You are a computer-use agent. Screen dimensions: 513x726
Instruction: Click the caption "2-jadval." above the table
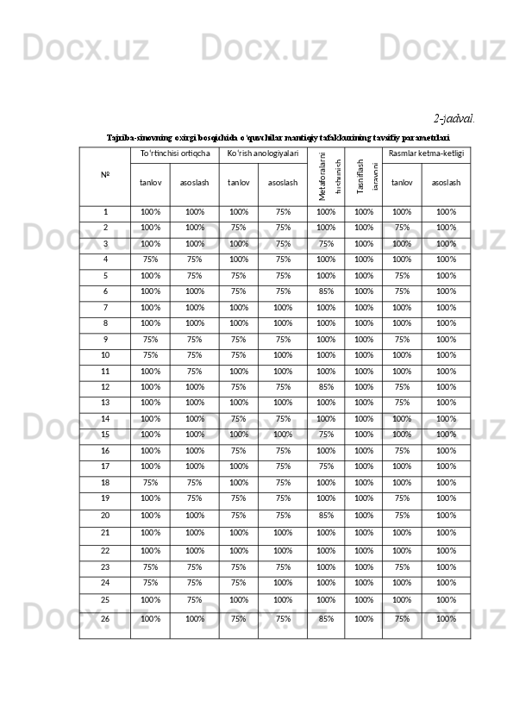click(x=454, y=116)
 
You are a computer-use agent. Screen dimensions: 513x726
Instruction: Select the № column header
click(x=105, y=175)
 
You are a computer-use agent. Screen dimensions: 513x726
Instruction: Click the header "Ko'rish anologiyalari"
click(x=263, y=153)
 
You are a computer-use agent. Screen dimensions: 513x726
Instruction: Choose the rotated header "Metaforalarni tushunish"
click(x=326, y=175)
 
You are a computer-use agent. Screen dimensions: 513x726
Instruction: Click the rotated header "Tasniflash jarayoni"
click(x=364, y=175)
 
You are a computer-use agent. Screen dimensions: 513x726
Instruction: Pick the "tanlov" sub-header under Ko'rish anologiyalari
click(x=239, y=183)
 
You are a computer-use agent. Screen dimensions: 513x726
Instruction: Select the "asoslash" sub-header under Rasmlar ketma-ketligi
click(x=446, y=183)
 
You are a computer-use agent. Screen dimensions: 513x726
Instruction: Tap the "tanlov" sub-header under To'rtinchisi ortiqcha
click(x=151, y=183)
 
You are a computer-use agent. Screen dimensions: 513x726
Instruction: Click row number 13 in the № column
click(x=105, y=401)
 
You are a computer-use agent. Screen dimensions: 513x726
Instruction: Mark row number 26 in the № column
click(x=105, y=618)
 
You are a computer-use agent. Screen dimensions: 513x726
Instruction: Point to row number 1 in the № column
click(x=105, y=211)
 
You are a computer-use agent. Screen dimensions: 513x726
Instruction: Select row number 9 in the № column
click(x=105, y=339)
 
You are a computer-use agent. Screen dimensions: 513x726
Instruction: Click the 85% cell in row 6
click(x=326, y=291)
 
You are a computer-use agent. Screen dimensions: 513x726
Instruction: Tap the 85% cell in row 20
click(x=326, y=516)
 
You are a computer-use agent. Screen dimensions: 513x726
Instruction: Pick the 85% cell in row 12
click(x=326, y=386)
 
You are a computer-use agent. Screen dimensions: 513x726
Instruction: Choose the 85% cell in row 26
click(x=326, y=618)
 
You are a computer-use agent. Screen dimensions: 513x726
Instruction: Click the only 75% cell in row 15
click(x=326, y=434)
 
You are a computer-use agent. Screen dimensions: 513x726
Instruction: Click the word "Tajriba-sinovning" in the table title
click(x=140, y=135)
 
